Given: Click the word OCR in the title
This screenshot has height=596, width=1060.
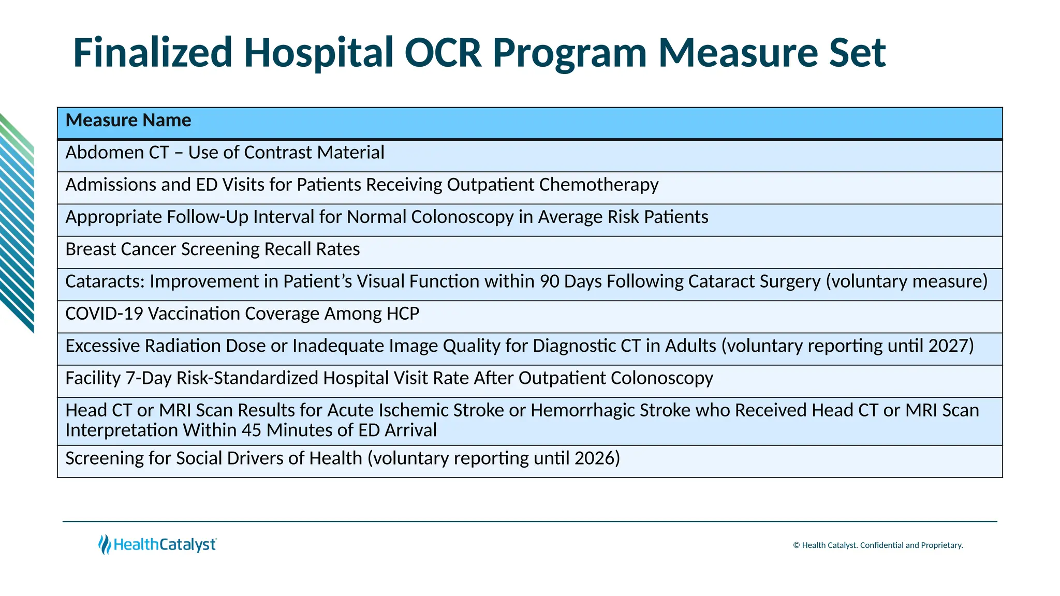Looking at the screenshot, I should [x=443, y=53].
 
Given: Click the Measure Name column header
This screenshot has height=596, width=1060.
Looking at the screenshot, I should [x=128, y=121].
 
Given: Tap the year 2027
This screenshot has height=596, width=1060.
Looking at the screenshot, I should [x=950, y=346].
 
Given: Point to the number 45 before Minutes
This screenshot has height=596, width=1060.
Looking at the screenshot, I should [x=252, y=430].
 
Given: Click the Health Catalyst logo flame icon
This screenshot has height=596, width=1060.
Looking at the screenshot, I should [x=105, y=545].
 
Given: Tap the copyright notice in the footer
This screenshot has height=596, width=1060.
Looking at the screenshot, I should [x=877, y=545].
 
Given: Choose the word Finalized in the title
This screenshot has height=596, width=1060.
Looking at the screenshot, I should [x=153, y=53].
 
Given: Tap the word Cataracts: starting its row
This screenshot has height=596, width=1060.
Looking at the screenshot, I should [x=105, y=281].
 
